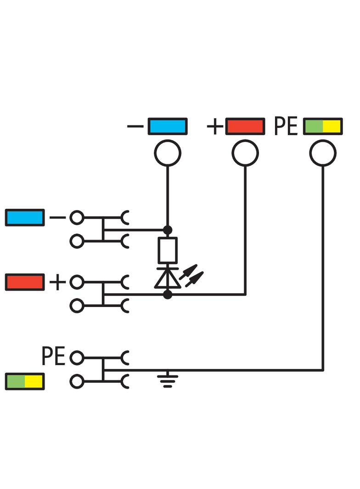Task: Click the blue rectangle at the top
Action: pos(167,126)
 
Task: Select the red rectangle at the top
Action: pos(245,126)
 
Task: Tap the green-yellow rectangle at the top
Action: pos(323,126)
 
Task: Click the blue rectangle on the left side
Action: pos(25,217)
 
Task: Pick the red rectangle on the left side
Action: pos(25,282)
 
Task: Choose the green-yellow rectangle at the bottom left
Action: pos(25,381)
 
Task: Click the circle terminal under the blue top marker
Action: pos(167,153)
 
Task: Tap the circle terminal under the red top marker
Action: pos(245,153)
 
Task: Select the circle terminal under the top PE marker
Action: pos(323,153)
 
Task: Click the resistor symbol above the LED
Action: pos(168,250)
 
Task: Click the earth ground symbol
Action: pos(168,380)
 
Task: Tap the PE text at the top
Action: pos(286,126)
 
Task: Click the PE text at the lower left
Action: pos(54,356)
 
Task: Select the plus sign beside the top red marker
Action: pos(215,126)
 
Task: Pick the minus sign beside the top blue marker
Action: pos(135,126)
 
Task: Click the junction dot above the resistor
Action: pos(168,229)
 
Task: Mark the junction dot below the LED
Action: pos(168,295)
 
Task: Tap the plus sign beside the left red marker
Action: pos(57,282)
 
